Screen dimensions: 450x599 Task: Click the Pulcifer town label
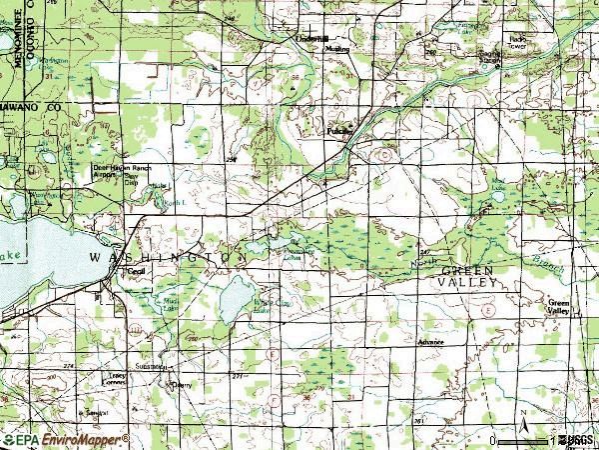tap(341, 130)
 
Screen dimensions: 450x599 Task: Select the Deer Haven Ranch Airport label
tap(117, 170)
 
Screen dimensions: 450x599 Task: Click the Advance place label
tap(431, 342)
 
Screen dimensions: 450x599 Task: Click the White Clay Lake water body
tap(238, 297)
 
